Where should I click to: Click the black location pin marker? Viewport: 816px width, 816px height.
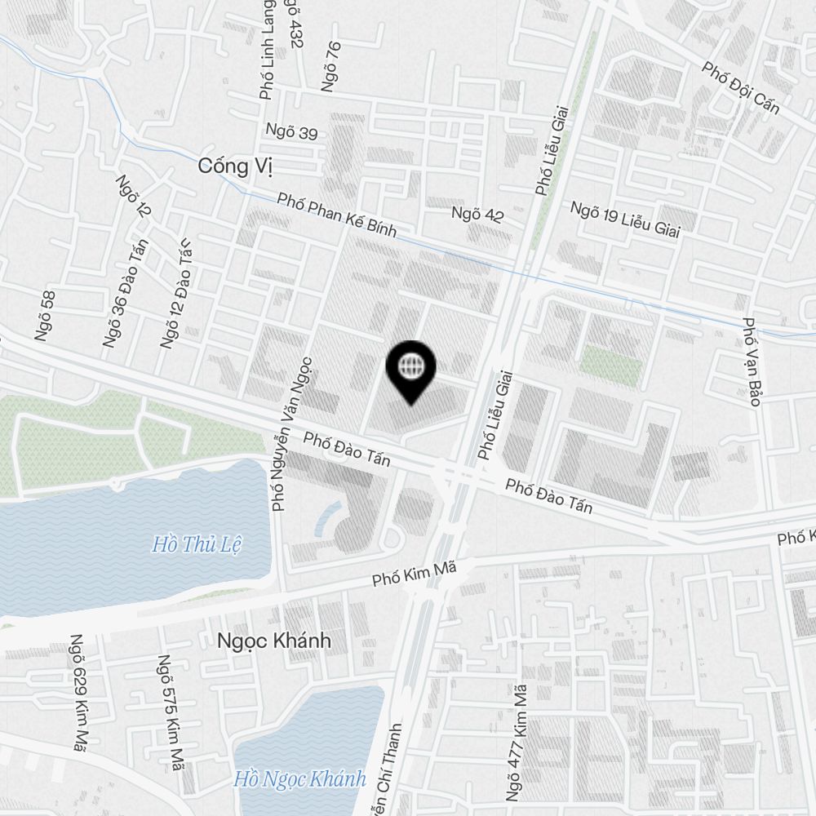click(411, 370)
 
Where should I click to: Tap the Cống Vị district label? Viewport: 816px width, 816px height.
click(235, 166)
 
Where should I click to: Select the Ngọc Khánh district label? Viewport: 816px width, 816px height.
click(274, 641)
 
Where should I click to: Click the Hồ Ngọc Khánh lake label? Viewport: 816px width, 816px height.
click(299, 778)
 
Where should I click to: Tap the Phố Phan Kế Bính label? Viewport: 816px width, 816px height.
click(336, 215)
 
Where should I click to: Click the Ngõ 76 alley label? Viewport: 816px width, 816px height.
click(330, 65)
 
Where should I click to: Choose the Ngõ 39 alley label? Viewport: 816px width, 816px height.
click(291, 131)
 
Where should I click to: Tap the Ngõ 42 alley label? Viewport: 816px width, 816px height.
click(478, 215)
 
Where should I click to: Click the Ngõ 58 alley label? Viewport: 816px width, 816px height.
click(45, 315)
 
